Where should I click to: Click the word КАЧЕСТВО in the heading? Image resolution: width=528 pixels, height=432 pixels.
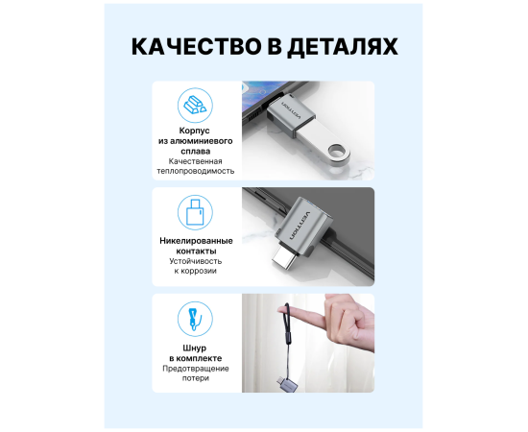click(x=196, y=46)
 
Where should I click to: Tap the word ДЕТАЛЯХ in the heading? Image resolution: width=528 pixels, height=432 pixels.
click(x=343, y=47)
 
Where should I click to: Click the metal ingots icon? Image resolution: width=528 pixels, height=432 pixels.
click(x=195, y=105)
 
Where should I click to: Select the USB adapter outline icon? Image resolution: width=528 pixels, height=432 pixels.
click(x=195, y=212)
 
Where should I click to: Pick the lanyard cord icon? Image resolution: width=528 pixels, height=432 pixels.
click(x=195, y=319)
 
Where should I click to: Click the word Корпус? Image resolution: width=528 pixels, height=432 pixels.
click(x=194, y=131)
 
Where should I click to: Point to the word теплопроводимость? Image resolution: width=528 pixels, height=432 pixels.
click(x=195, y=171)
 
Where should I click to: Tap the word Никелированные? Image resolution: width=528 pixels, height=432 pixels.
click(x=196, y=241)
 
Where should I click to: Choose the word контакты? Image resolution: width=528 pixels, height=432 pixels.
click(x=196, y=252)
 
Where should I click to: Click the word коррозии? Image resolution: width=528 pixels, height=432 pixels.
click(x=200, y=271)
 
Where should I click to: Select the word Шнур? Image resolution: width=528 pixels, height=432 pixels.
click(x=195, y=348)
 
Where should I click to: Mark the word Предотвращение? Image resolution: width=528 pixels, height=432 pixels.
click(x=196, y=369)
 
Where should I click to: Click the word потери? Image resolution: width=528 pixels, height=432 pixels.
click(x=196, y=378)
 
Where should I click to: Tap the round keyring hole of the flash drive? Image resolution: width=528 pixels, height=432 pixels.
click(x=337, y=151)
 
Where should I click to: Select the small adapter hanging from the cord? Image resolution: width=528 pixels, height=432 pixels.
click(x=287, y=385)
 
